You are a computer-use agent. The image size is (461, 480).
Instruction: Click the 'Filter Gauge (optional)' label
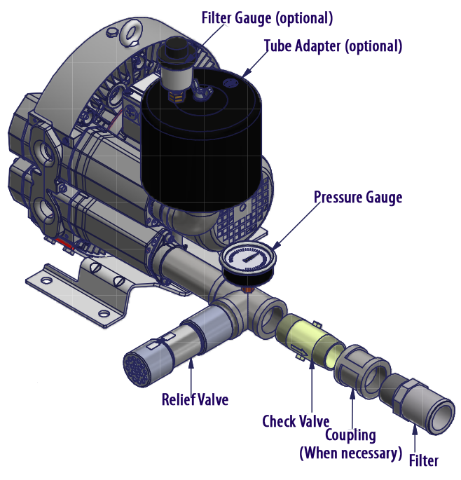click(266, 15)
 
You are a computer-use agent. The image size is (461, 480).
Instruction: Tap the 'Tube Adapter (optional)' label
click(333, 47)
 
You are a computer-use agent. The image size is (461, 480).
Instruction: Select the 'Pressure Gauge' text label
click(358, 197)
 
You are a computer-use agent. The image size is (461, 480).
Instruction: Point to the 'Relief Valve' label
click(195, 400)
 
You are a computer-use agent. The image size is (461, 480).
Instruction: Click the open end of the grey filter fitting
click(437, 414)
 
